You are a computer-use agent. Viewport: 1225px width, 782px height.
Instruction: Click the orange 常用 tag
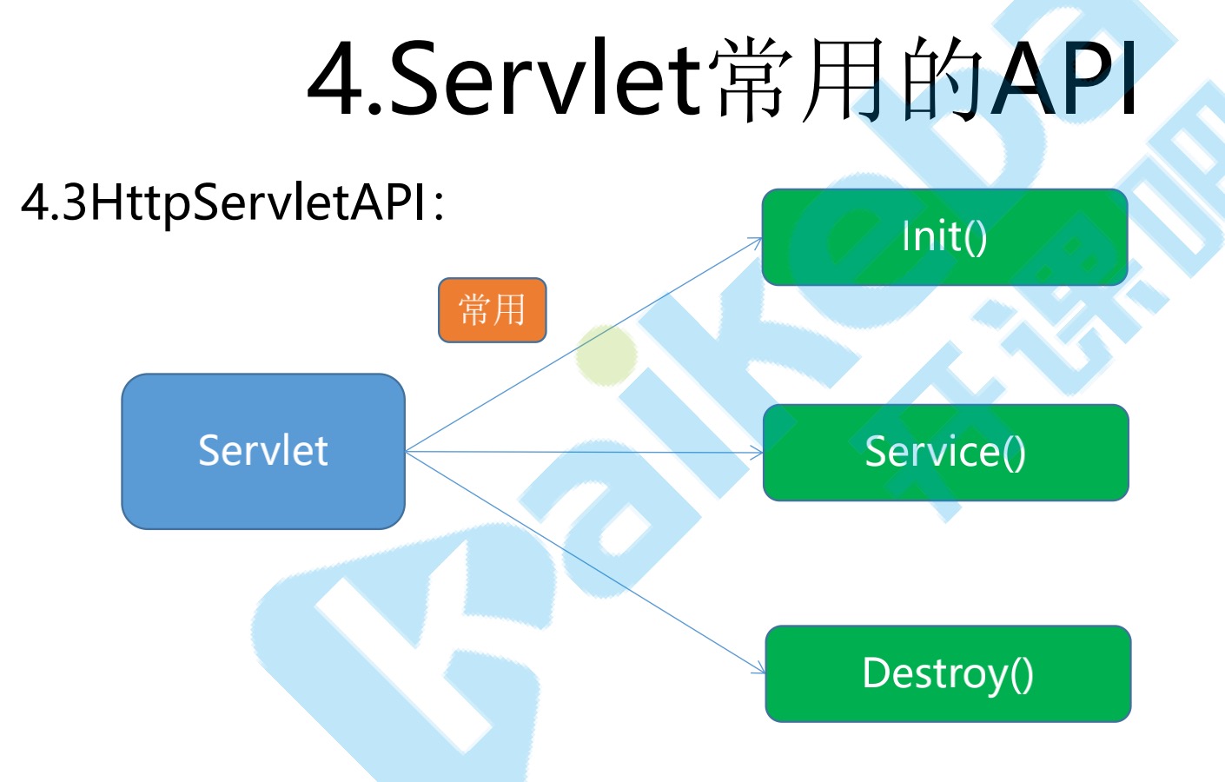click(492, 310)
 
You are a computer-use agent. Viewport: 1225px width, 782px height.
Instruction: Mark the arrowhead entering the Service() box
click(758, 453)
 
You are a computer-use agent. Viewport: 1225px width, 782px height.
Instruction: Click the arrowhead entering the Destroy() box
click(761, 671)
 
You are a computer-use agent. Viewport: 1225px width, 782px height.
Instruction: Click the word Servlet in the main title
click(545, 80)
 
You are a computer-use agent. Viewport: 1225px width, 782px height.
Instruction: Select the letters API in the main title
click(1067, 80)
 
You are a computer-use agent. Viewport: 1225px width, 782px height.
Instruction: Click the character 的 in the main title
click(943, 80)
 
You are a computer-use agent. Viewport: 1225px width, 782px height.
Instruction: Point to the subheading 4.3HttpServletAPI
click(223, 202)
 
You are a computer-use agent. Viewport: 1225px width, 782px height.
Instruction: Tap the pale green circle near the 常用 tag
click(606, 355)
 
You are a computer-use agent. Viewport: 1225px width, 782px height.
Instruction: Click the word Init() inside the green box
click(944, 236)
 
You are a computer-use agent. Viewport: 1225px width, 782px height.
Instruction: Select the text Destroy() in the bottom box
click(948, 673)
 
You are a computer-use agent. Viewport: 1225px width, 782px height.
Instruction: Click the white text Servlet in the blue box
click(262, 451)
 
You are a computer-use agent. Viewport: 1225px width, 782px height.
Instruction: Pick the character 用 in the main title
click(846, 80)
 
